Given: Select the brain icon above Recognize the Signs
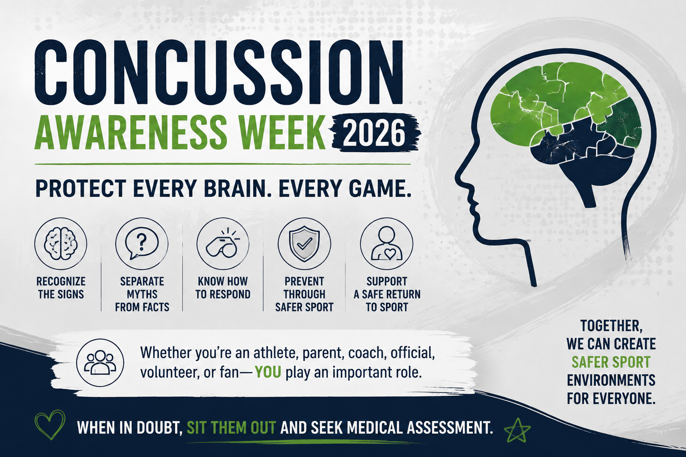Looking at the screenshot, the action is [x=61, y=244].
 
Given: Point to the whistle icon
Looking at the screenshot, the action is [x=223, y=243].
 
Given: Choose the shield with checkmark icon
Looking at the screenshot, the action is [x=305, y=244].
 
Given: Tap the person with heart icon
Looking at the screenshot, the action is [x=386, y=244].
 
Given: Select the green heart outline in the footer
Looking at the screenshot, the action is [x=50, y=424].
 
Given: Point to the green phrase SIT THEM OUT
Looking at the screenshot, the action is [x=231, y=428].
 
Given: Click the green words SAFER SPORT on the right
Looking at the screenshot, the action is [x=611, y=362].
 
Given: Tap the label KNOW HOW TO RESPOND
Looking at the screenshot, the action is [x=223, y=288].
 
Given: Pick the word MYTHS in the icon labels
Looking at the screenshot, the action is [x=142, y=294].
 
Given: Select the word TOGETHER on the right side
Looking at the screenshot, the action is [x=611, y=326].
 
